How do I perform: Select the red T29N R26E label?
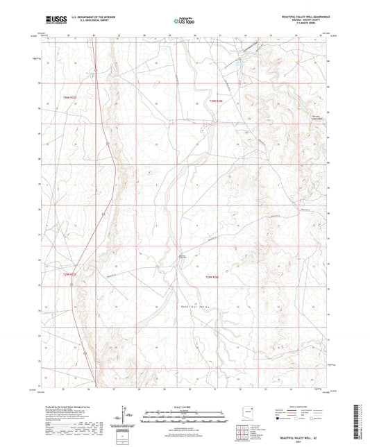(x=215, y=276)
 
